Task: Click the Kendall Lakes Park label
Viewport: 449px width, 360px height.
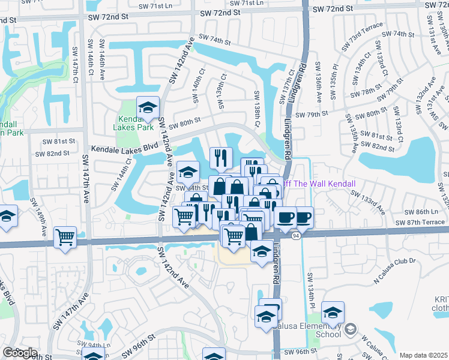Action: click(x=133, y=124)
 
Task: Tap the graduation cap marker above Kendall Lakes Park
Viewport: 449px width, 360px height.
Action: click(x=148, y=107)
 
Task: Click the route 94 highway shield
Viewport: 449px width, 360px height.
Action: click(x=296, y=236)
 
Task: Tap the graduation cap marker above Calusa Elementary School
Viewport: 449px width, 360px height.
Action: click(x=333, y=312)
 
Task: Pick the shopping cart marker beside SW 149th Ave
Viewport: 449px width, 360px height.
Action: click(x=65, y=236)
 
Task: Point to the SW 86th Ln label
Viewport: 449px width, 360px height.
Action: click(x=426, y=212)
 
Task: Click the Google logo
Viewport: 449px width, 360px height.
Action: click(x=19, y=353)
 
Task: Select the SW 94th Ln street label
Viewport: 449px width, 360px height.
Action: click(x=99, y=345)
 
